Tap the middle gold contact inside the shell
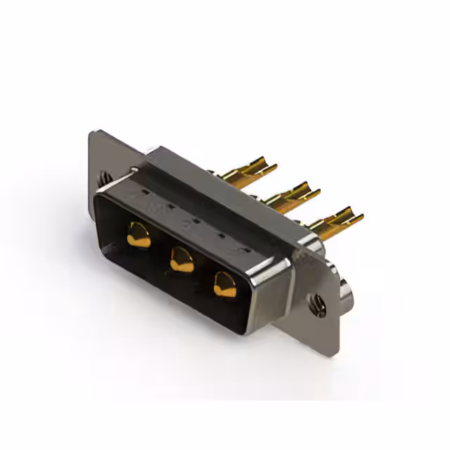pyautogui.click(x=182, y=259)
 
